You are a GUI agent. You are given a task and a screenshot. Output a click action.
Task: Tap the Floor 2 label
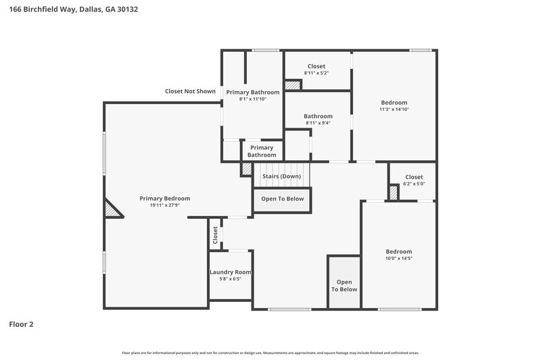tap(21, 324)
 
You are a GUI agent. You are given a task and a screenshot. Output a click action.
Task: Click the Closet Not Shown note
tap(190, 91)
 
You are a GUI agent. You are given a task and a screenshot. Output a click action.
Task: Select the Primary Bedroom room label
tap(164, 199)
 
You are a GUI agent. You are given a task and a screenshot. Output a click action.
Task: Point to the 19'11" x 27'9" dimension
tap(164, 206)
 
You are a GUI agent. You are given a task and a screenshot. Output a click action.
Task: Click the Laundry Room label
tap(230, 272)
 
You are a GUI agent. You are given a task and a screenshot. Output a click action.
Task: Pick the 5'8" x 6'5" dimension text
tap(230, 279)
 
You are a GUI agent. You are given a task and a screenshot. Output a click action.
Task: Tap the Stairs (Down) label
tap(281, 176)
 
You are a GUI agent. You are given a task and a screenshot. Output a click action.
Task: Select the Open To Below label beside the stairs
tap(283, 199)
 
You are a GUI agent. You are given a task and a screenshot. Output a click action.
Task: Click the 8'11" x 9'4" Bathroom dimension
tap(318, 123)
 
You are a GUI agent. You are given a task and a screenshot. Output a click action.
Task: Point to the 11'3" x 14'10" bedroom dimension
tap(394, 109)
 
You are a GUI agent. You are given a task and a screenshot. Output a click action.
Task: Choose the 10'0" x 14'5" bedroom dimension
tap(398, 259)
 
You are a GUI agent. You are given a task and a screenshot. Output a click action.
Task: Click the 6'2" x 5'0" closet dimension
tap(414, 184)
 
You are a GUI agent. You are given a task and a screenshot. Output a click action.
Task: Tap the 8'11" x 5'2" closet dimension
tap(316, 73)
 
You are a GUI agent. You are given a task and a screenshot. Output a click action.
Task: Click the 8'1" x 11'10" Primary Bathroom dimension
tap(253, 99)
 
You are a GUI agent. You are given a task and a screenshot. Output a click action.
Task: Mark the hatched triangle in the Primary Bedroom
tap(111, 209)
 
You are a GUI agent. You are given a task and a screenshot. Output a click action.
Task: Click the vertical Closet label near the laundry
tap(216, 234)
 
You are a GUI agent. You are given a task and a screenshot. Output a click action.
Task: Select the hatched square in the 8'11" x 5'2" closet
tap(292, 86)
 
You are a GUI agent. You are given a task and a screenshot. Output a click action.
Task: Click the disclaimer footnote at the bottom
tap(270, 353)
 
